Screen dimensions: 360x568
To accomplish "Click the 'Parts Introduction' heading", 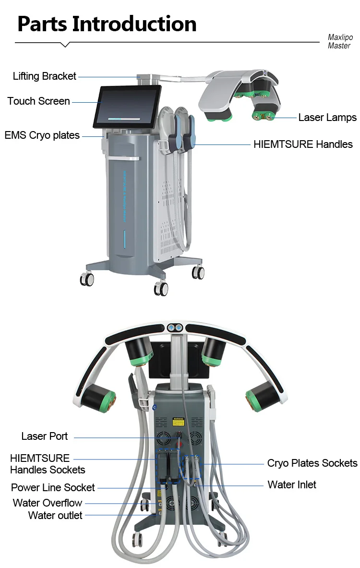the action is pos(107,24).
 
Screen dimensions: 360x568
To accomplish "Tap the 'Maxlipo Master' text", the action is pos(340,41).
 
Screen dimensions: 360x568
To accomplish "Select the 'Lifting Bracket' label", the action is pos(45,76).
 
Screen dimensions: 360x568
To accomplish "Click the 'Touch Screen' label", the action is pos(38,101).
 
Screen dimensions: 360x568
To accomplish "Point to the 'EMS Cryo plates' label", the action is pos(42,135).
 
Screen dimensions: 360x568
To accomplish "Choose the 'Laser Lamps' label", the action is pos(327,117).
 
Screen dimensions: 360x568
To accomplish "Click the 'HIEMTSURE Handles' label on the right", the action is pos(303,144).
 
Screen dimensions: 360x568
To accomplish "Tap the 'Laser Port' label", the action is pos(45,436).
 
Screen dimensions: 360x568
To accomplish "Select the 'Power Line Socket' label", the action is pos(53,488).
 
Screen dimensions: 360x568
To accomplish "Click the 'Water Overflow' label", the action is pos(48,503).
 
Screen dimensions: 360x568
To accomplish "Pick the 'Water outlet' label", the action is pos(55,515).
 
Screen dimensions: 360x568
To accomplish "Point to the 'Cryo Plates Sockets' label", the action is pos(312,463).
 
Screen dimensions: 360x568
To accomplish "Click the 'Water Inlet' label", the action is pos(291,484).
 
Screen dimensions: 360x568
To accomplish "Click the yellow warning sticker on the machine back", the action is pos(179,421).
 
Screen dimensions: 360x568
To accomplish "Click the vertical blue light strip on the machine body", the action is pos(125,239).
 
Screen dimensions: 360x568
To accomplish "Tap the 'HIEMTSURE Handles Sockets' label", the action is pos(48,464).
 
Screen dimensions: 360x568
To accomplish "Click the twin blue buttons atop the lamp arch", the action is pos(175,328).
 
